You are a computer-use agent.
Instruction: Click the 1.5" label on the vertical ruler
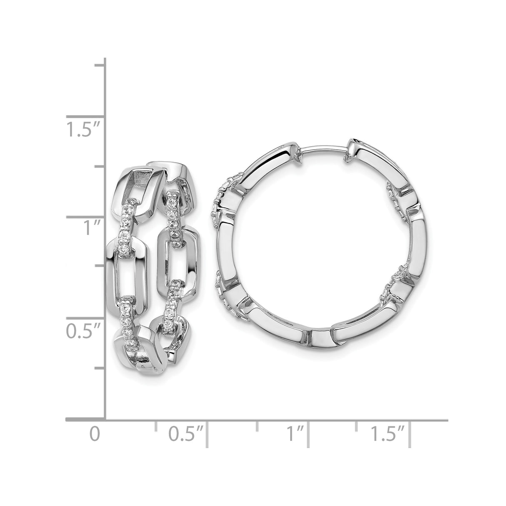point(83,130)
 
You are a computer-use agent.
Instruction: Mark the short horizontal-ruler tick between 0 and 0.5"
point(156,425)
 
